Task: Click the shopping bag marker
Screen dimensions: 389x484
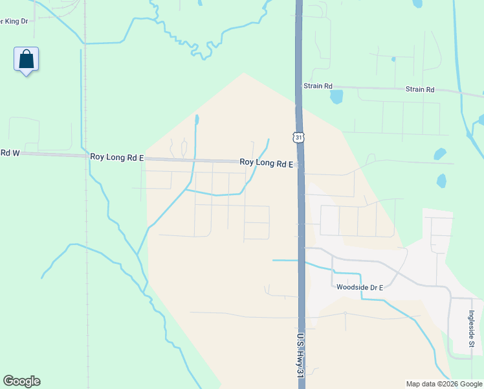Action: click(26, 60)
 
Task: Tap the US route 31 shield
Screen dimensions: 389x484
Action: click(298, 137)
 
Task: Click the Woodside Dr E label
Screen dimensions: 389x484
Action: click(360, 287)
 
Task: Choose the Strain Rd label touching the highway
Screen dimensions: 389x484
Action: click(318, 86)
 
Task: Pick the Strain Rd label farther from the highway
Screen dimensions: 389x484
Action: click(419, 89)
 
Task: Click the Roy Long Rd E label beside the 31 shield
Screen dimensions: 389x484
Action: click(267, 163)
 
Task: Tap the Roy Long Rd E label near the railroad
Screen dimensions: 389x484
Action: click(117, 158)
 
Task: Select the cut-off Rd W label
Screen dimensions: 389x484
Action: click(10, 153)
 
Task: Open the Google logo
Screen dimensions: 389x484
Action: click(21, 381)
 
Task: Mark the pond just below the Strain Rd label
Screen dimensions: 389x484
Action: click(336, 97)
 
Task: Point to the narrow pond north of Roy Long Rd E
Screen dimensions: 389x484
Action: click(196, 120)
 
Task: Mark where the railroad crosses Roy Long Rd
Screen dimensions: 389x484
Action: click(86, 156)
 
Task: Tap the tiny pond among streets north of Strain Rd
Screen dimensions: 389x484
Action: click(393, 60)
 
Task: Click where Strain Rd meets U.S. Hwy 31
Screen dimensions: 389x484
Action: click(299, 85)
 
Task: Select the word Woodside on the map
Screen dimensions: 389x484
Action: click(351, 287)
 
